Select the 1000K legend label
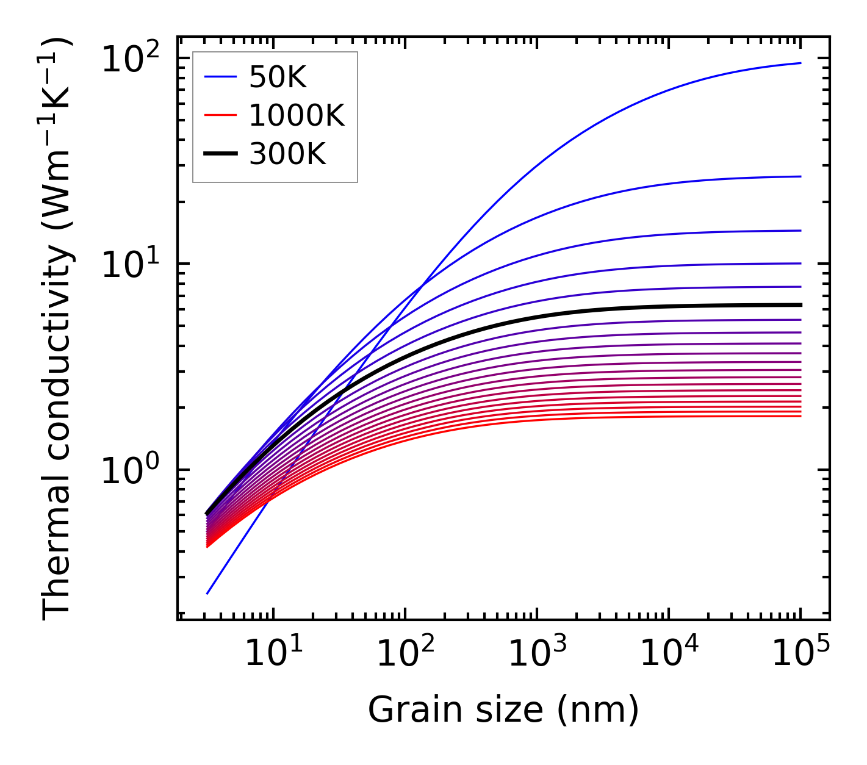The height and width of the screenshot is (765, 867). coord(297,115)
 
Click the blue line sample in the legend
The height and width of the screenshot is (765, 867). coord(220,77)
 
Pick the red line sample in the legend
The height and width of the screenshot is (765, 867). coord(220,115)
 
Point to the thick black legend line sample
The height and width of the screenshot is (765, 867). coord(220,154)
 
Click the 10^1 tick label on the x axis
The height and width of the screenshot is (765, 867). coord(273,655)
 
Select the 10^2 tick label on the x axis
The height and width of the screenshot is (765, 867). coord(405,655)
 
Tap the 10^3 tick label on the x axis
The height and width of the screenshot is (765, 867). coord(537,655)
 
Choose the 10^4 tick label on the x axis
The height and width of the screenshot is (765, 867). coord(669,655)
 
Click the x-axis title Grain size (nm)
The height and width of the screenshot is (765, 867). coord(503,710)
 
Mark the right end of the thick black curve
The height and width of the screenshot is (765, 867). coord(800,304)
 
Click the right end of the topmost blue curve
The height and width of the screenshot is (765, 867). coord(800,63)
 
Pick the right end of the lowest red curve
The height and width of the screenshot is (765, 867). coord(800,416)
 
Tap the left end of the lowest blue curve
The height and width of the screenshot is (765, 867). coord(207,594)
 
